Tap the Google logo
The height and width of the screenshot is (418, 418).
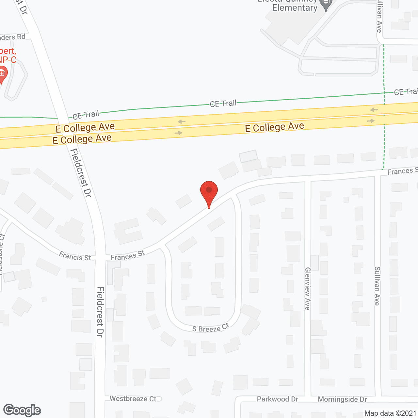pyautogui.click(x=22, y=410)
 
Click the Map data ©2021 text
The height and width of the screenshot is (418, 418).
pyautogui.click(x=390, y=413)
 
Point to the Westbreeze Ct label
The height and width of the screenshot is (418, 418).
pyautogui.click(x=133, y=399)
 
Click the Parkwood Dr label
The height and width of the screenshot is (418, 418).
pyautogui.click(x=278, y=399)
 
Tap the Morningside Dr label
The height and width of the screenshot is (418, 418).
pyautogui.click(x=342, y=399)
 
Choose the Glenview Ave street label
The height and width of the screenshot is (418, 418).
pyautogui.click(x=307, y=288)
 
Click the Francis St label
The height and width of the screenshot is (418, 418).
pyautogui.click(x=75, y=256)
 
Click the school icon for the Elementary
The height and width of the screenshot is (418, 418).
pyautogui.click(x=326, y=5)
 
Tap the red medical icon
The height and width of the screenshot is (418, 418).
pyautogui.click(x=2, y=74)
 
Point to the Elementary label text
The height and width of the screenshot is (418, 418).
pyautogui.click(x=295, y=7)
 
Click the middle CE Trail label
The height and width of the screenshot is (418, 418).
pyautogui.click(x=223, y=104)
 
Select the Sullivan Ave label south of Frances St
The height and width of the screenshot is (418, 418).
pyautogui.click(x=377, y=286)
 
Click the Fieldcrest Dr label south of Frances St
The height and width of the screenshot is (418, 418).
pyautogui.click(x=100, y=312)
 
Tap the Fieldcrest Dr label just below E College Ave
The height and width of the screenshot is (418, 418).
pyautogui.click(x=81, y=172)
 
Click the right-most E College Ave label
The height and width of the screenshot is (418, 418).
pyautogui.click(x=274, y=127)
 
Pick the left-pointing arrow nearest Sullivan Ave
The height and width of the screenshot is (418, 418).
pyautogui.click(x=374, y=110)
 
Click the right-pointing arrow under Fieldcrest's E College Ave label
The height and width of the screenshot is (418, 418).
pyautogui.click(x=178, y=133)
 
